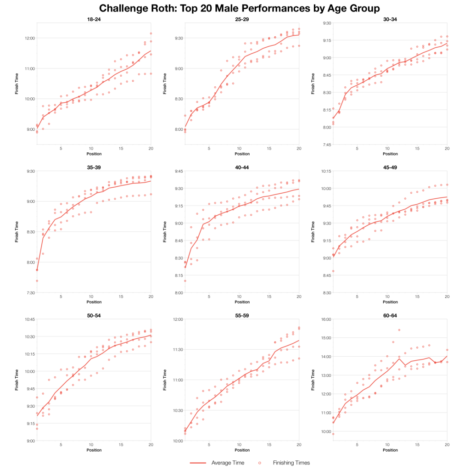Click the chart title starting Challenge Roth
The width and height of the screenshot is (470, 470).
pos(235,8)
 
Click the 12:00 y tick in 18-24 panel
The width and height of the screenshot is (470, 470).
pos(29,38)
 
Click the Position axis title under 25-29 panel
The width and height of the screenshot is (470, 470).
pos(242,154)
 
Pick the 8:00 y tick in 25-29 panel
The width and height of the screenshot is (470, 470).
pos(178,129)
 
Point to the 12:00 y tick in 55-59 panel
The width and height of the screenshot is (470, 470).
pos(177,319)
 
